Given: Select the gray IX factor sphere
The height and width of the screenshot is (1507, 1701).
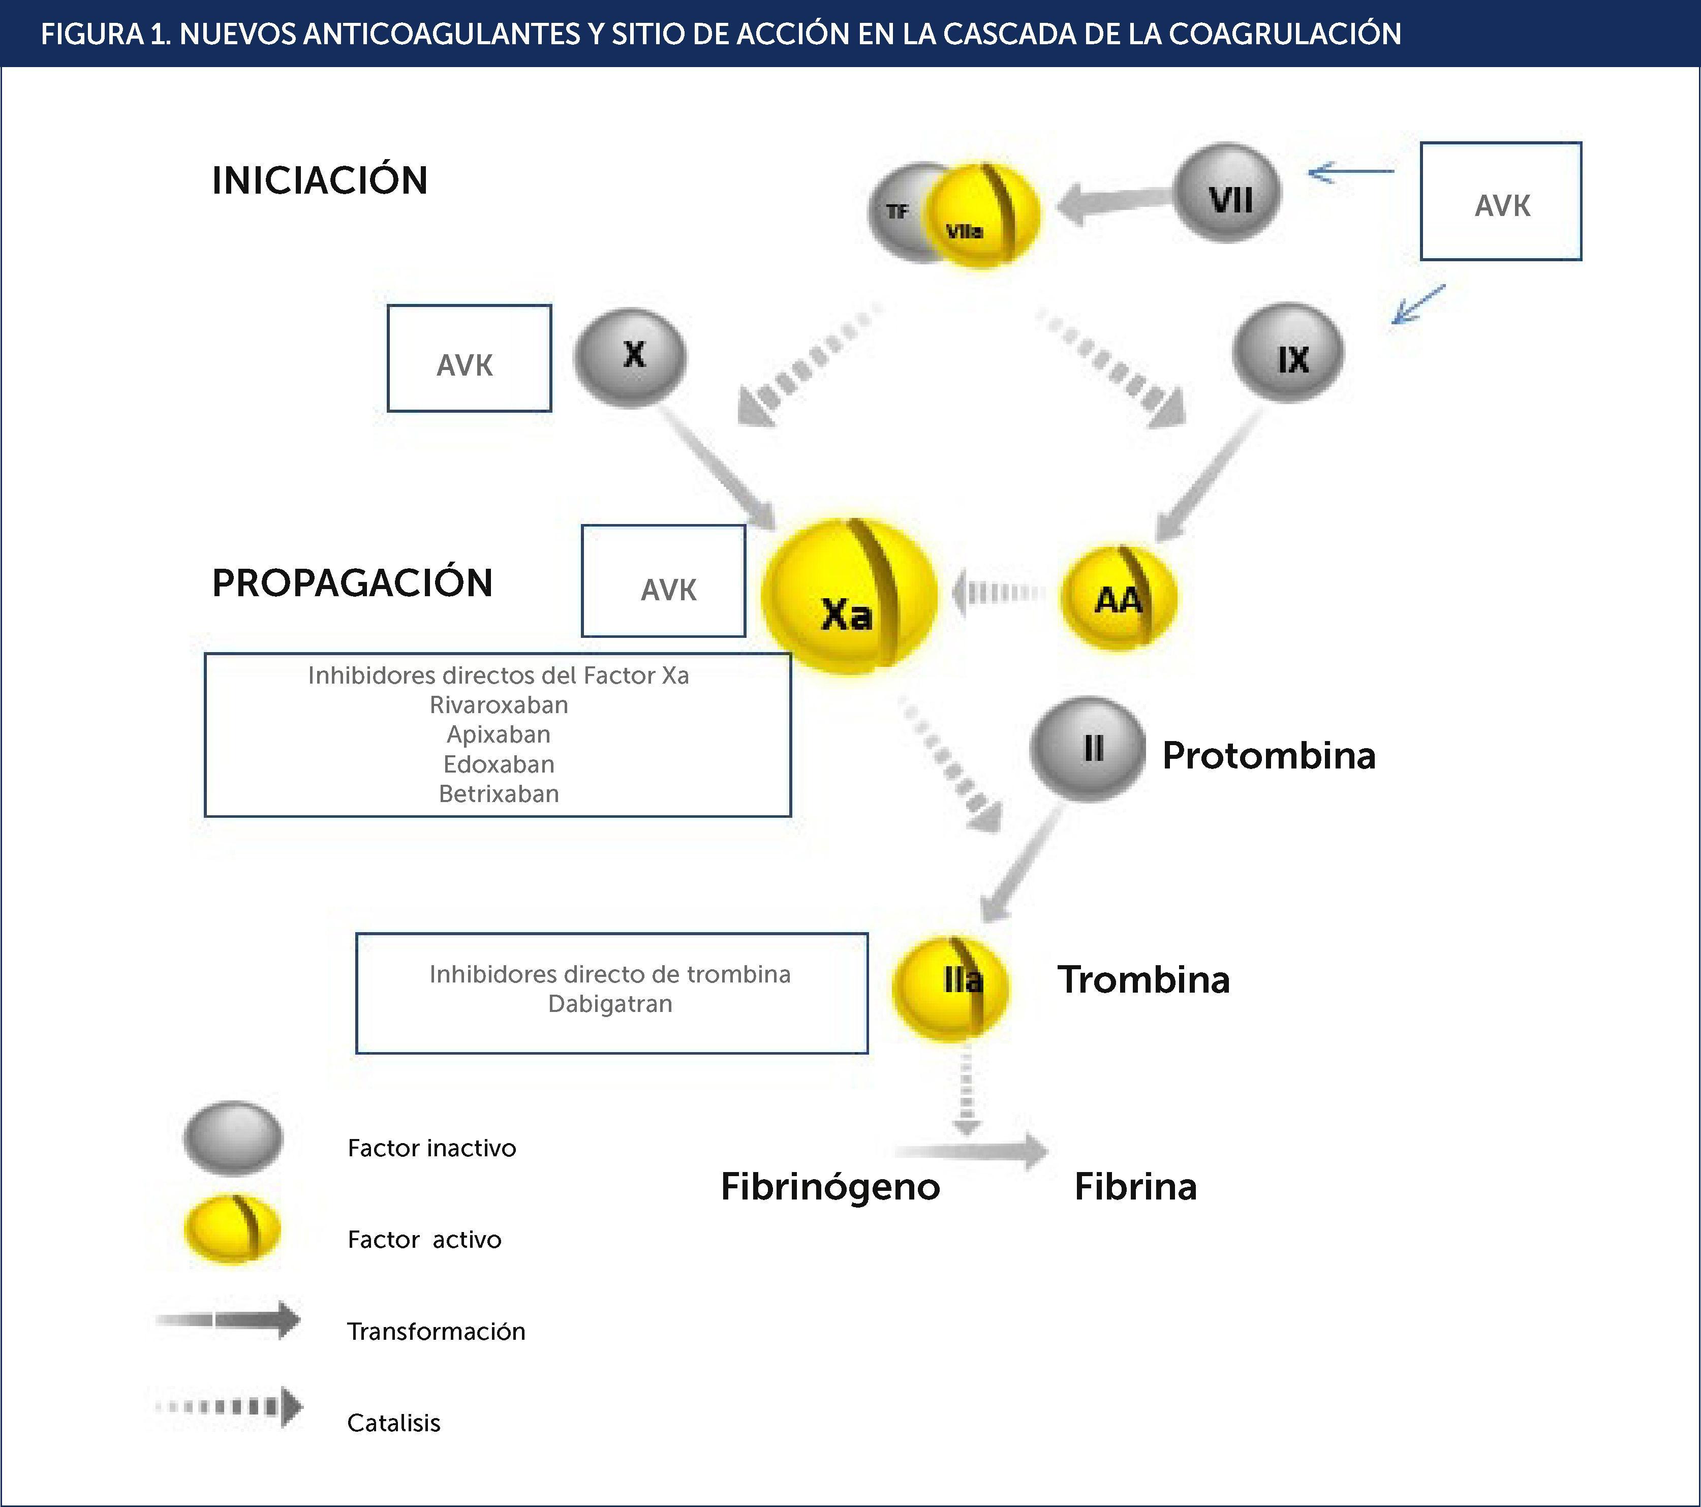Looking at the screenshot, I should tap(1288, 354).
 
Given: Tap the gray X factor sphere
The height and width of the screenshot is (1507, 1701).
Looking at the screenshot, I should tap(631, 356).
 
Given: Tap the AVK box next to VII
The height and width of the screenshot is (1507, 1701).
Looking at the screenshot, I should tap(1500, 201).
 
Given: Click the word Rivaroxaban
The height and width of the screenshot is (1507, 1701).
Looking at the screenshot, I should tap(499, 705).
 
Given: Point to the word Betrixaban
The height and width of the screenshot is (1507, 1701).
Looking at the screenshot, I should tap(499, 794).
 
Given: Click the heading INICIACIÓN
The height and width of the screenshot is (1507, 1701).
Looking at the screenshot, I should tap(320, 180).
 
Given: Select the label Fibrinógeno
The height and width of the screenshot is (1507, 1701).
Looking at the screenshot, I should tap(830, 1187).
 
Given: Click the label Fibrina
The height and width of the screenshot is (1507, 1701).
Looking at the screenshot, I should tap(1135, 1187).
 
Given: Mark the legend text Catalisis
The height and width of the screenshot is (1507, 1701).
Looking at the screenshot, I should tap(394, 1423).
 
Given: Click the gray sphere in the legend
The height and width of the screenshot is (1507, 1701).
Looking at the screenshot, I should tap(233, 1139).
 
